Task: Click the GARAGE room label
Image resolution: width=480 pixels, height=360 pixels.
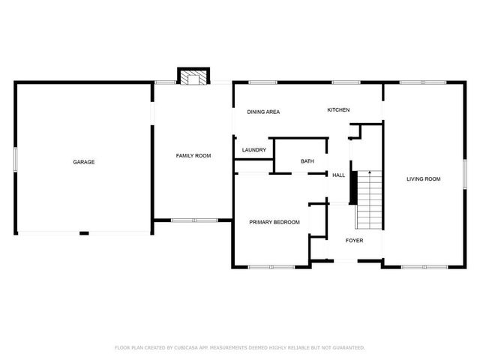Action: (x=83, y=162)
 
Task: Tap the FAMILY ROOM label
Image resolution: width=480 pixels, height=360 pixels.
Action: (x=193, y=156)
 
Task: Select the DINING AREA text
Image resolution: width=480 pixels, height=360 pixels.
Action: (x=263, y=112)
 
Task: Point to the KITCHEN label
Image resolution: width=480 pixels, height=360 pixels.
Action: (x=338, y=110)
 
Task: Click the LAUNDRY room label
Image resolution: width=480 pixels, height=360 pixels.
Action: (x=254, y=150)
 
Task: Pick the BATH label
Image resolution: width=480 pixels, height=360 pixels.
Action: (x=307, y=161)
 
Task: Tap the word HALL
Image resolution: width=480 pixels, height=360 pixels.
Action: (x=339, y=175)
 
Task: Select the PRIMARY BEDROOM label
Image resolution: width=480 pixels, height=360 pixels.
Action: (x=274, y=222)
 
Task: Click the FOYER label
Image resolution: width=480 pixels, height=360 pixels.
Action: (x=354, y=241)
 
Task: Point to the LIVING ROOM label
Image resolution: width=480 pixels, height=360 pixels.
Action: (x=423, y=179)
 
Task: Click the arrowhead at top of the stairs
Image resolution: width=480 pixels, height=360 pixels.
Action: (x=369, y=173)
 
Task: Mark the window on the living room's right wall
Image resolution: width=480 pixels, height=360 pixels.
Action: (x=464, y=173)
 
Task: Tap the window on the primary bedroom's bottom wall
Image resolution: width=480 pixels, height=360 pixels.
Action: (x=271, y=266)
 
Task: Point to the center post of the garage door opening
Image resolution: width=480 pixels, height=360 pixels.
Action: (x=84, y=232)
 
